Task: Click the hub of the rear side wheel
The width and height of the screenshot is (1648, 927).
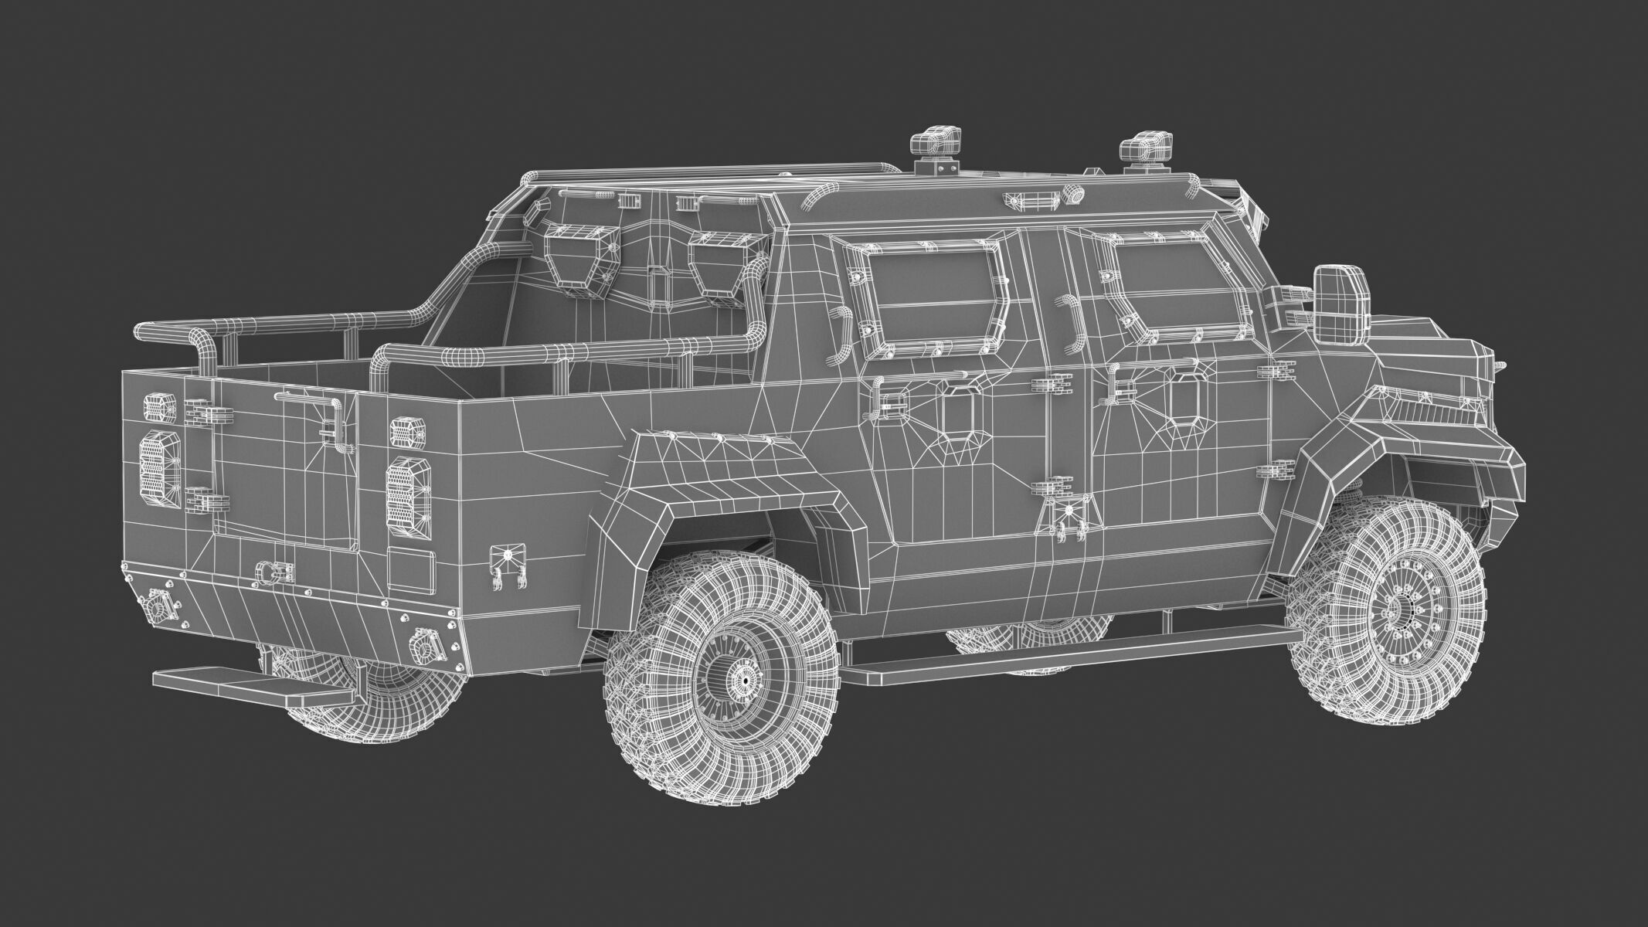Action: (745, 680)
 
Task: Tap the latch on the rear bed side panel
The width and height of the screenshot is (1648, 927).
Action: (508, 570)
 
